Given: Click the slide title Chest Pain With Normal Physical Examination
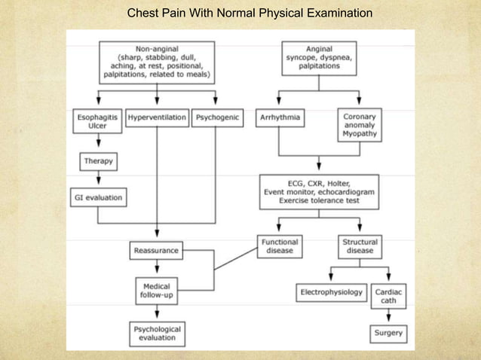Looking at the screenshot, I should coord(250,14).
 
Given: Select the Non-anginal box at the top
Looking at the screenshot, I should coord(157,61).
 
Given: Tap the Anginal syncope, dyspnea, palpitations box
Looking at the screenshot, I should coord(319,56).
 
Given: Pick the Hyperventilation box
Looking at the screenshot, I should coord(157,119).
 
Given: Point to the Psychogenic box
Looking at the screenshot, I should coord(218,119).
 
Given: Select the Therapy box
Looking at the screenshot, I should coord(97,161).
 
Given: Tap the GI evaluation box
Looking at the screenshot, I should coord(97,198).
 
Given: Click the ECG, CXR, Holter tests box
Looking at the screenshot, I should coord(319,191).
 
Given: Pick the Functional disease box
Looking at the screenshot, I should coord(280,247).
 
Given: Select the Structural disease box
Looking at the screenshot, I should coord(359,247).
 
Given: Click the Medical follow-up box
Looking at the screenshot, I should coord(157,291).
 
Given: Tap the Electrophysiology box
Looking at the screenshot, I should coord(330,291).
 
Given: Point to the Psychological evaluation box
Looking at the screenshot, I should coord(157,334).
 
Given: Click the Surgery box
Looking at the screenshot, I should coord(389,332).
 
